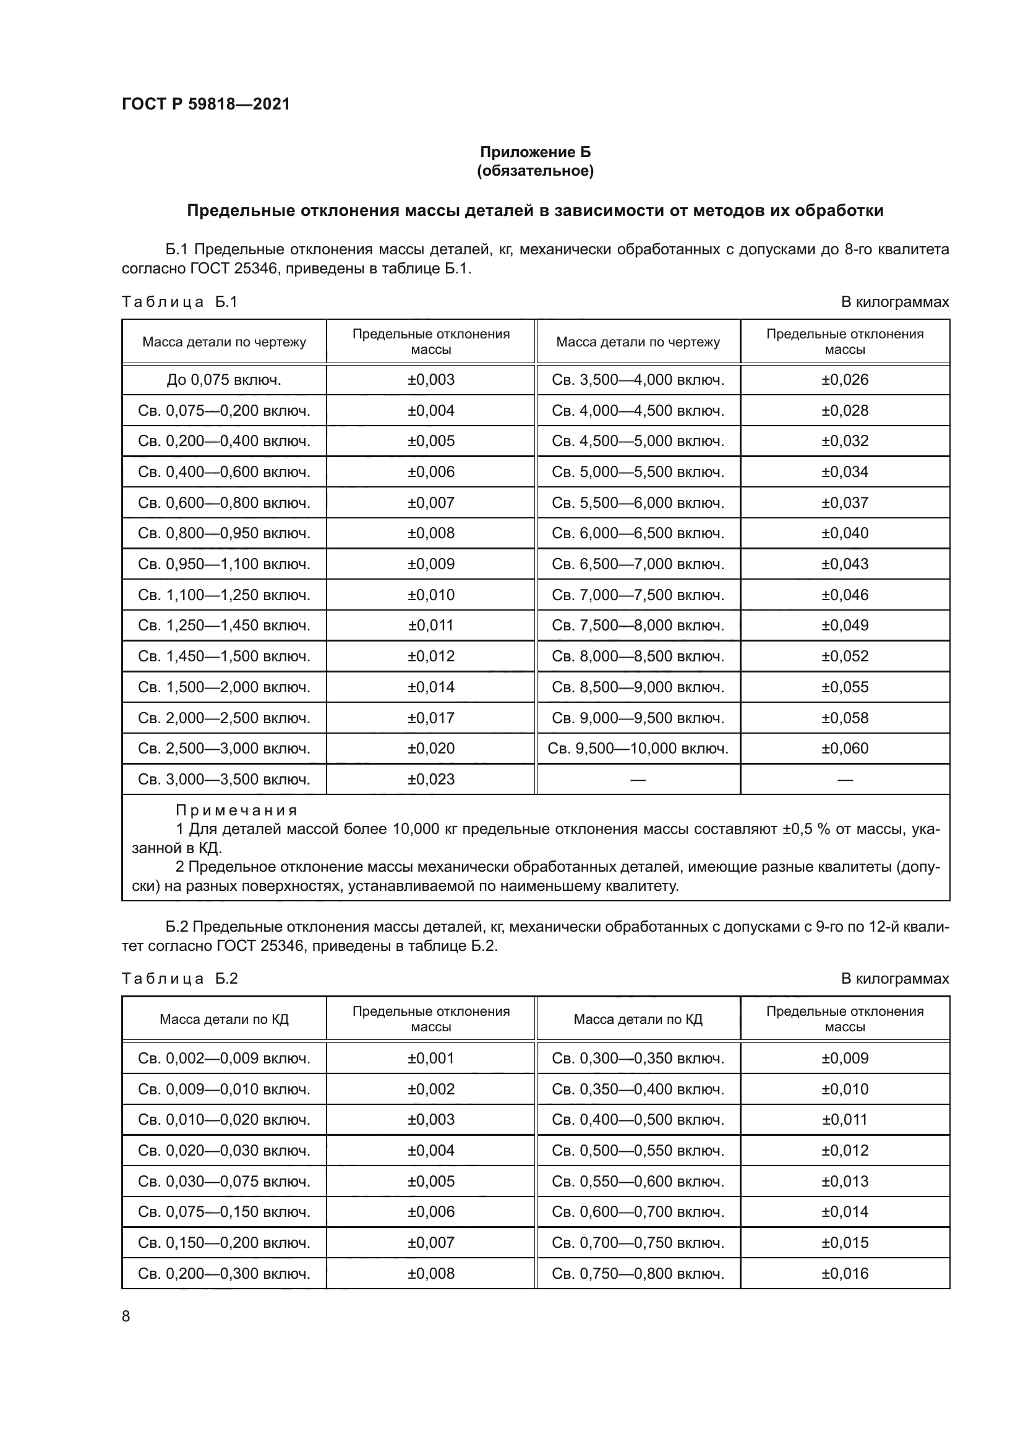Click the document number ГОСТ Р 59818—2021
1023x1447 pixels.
pyautogui.click(x=205, y=104)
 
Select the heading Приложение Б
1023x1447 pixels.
pyautogui.click(x=536, y=152)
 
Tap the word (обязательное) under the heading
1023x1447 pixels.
pyautogui.click(x=536, y=171)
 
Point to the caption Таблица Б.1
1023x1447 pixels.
pyautogui.click(x=179, y=302)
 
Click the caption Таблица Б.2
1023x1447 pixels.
pyautogui.click(x=179, y=979)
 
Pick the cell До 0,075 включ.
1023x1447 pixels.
pyautogui.click(x=224, y=380)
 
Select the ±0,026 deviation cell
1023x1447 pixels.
pyautogui.click(x=845, y=380)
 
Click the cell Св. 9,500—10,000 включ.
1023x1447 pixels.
pyautogui.click(x=638, y=749)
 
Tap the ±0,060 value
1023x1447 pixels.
pyautogui.click(x=845, y=749)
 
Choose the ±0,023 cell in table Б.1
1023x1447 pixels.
pyautogui.click(x=431, y=779)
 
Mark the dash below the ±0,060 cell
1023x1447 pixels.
pyautogui.click(x=845, y=780)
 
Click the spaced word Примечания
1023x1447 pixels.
pyautogui.click(x=236, y=810)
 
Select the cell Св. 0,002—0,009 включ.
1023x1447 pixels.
pyautogui.click(x=224, y=1058)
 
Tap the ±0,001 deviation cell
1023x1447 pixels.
pyautogui.click(x=431, y=1058)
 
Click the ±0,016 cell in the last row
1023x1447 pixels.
pyautogui.click(x=845, y=1273)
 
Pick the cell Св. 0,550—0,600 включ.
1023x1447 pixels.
pyautogui.click(x=638, y=1181)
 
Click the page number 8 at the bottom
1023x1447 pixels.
pyautogui.click(x=126, y=1316)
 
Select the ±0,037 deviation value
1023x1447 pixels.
pyautogui.click(x=845, y=503)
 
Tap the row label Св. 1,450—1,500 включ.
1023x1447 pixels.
pyautogui.click(x=224, y=657)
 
